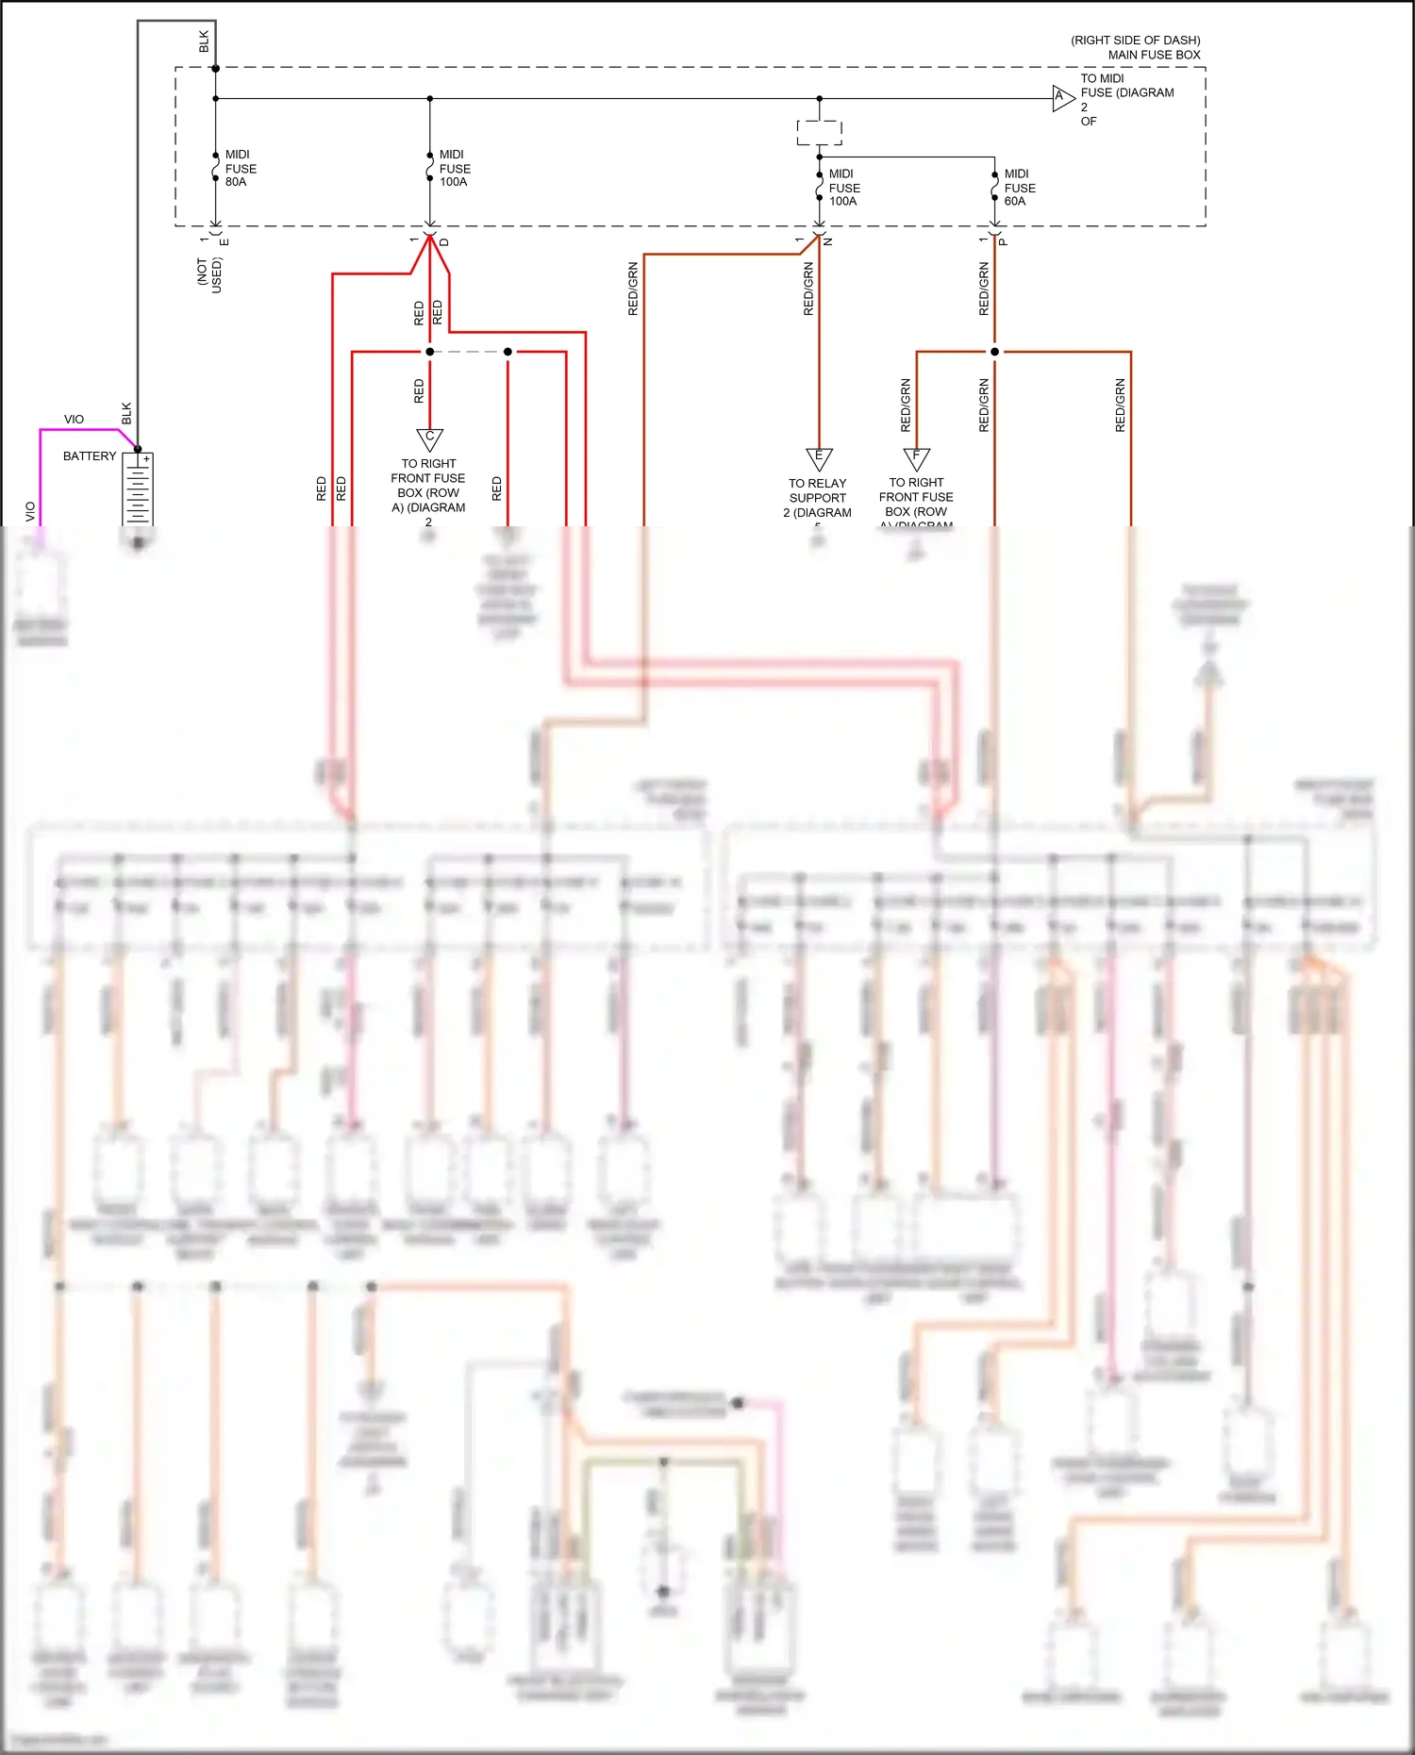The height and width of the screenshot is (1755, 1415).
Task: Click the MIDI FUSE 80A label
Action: (240, 168)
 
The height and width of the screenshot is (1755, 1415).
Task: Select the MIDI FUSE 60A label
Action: (1019, 187)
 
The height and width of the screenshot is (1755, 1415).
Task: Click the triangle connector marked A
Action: (1062, 97)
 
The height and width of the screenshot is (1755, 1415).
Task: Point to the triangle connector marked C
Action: (429, 439)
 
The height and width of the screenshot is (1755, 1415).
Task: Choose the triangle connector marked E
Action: (819, 458)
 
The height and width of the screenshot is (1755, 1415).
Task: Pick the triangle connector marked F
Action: (916, 458)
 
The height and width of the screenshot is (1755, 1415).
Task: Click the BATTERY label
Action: (90, 456)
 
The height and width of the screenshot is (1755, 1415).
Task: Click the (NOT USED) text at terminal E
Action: (208, 274)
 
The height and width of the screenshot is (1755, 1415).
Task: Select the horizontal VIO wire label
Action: (74, 420)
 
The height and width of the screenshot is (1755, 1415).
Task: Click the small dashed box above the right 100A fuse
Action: (819, 132)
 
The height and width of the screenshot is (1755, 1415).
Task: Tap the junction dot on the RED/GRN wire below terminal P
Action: (994, 352)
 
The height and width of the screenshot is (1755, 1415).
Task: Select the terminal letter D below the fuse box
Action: (444, 242)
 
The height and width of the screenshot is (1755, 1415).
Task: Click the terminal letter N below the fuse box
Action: (828, 242)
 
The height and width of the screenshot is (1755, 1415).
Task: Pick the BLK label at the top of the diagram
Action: (204, 41)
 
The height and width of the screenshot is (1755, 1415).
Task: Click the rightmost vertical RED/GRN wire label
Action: (1120, 406)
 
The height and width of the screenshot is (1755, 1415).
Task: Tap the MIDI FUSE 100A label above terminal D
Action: (454, 168)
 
